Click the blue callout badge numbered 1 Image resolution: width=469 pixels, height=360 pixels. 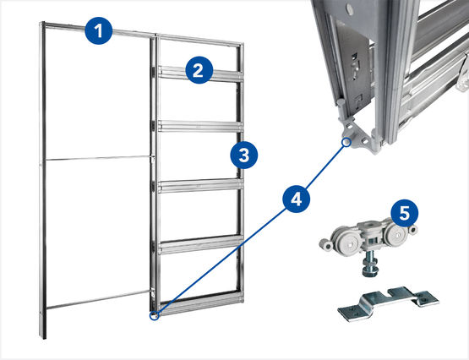[x=99, y=30]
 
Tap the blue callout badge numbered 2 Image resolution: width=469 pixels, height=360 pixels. [x=199, y=70]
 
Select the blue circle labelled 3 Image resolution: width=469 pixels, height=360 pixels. [x=243, y=155]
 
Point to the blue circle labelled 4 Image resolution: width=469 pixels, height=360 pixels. [x=297, y=199]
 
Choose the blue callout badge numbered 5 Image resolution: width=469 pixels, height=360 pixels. [x=405, y=213]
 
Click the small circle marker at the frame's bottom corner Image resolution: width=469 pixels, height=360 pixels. [x=154, y=315]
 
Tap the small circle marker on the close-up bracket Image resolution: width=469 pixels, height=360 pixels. [x=346, y=142]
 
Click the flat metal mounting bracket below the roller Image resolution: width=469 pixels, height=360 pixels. [x=388, y=303]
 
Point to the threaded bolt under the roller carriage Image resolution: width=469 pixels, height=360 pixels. [x=370, y=263]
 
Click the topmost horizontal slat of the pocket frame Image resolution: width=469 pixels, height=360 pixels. [x=200, y=74]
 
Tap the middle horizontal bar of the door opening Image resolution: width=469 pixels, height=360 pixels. [x=97, y=157]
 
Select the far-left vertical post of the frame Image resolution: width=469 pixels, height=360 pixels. [x=42, y=179]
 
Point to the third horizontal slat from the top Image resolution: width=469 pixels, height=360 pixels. [x=200, y=186]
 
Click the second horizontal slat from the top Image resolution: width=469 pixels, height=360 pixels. [x=200, y=126]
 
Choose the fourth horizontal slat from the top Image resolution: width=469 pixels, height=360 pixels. [x=200, y=244]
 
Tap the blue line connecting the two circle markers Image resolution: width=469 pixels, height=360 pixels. [x=250, y=229]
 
